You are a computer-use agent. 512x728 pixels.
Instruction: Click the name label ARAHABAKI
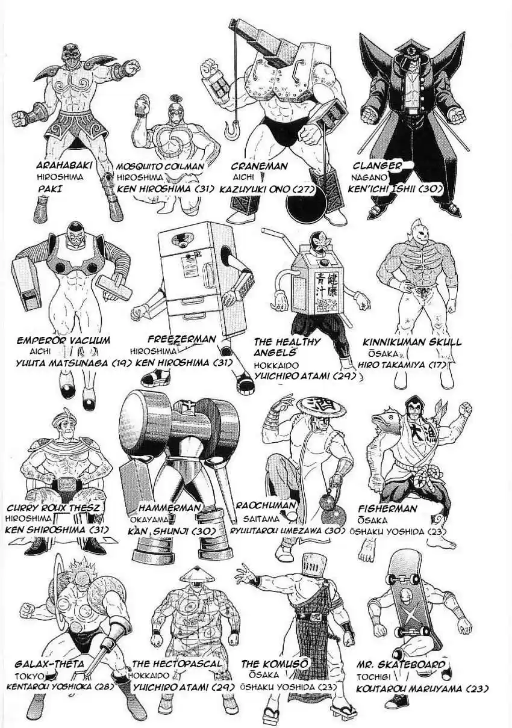[x=61, y=165]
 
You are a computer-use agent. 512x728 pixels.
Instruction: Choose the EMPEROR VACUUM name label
[x=64, y=341]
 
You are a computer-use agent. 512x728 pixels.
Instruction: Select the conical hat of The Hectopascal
[x=198, y=575]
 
